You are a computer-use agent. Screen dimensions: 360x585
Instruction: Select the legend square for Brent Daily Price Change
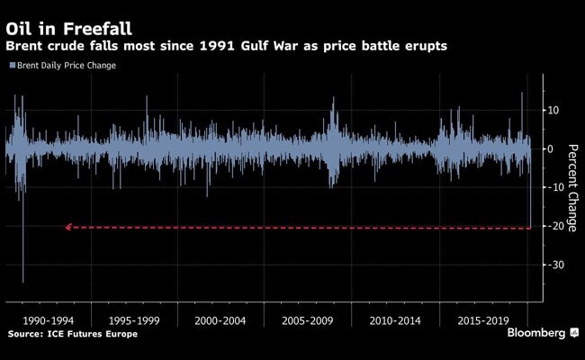tap(11, 65)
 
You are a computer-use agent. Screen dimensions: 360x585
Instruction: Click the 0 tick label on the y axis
tap(550, 149)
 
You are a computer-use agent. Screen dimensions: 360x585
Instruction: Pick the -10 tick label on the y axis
tap(553, 188)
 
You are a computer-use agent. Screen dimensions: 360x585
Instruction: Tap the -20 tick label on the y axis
tap(553, 227)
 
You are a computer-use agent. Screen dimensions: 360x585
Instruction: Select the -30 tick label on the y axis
tap(553, 265)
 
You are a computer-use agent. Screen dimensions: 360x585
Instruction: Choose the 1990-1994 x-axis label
tap(47, 319)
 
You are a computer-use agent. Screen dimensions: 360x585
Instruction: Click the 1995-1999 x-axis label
tap(133, 319)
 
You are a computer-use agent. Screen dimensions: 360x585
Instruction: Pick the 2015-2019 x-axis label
tap(482, 319)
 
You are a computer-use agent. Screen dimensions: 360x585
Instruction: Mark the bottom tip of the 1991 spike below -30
tap(23, 282)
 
